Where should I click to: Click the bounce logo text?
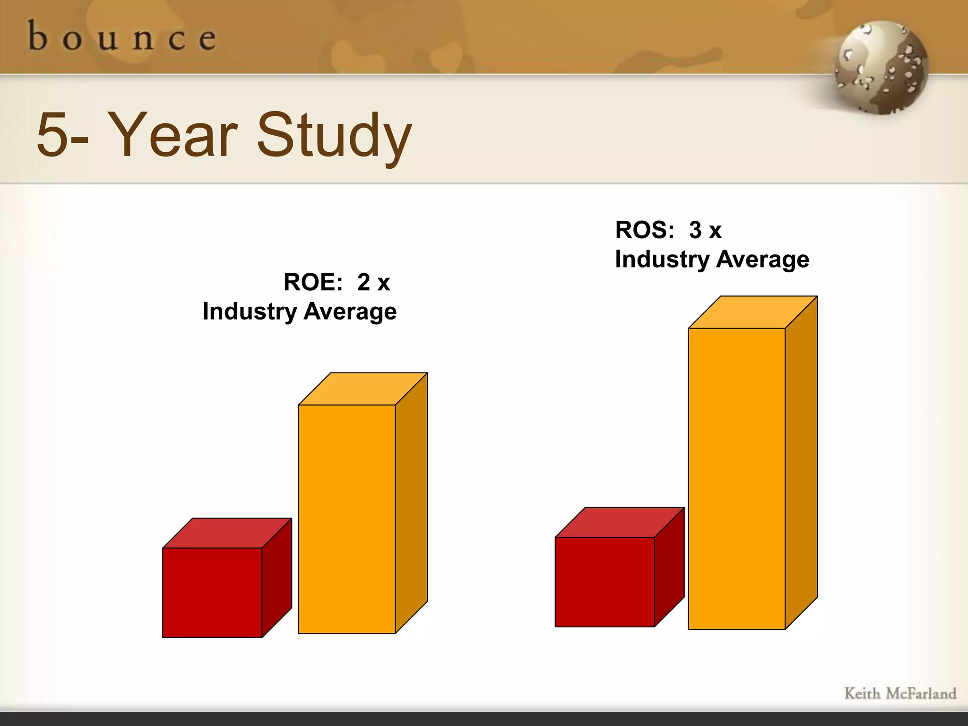[122, 38]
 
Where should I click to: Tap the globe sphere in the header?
[881, 67]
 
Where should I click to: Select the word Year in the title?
[173, 135]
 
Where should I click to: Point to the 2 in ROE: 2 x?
[363, 283]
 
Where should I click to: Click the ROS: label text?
[645, 231]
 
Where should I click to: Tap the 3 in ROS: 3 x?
[695, 231]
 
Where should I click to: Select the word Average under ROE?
[350, 312]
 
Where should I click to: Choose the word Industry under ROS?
[662, 260]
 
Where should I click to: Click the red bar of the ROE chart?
[212, 593]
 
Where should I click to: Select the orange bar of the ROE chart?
[346, 519]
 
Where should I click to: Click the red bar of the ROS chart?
[605, 582]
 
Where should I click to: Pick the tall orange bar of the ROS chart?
[736, 478]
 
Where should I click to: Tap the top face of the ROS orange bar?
[753, 312]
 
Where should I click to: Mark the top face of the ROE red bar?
[227, 533]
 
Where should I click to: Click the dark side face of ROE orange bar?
[411, 503]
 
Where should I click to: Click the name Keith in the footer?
[862, 694]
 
